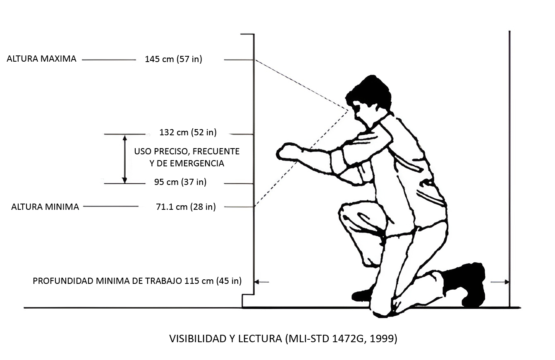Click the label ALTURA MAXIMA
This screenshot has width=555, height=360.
tap(41, 59)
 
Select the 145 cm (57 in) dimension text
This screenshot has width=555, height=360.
tap(173, 59)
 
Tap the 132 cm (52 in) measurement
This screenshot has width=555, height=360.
tap(188, 132)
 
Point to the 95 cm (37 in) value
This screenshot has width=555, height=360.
tap(180, 182)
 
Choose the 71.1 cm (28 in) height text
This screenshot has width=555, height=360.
tap(186, 207)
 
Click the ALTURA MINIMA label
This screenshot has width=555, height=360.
tap(45, 207)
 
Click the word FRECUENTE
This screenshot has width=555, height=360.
tap(216, 151)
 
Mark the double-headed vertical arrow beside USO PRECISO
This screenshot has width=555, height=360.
tap(124, 159)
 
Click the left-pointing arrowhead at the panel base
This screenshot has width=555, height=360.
tap(257, 282)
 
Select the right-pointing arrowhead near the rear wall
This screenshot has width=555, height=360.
tap(507, 282)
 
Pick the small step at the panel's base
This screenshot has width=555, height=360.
tap(248, 301)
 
